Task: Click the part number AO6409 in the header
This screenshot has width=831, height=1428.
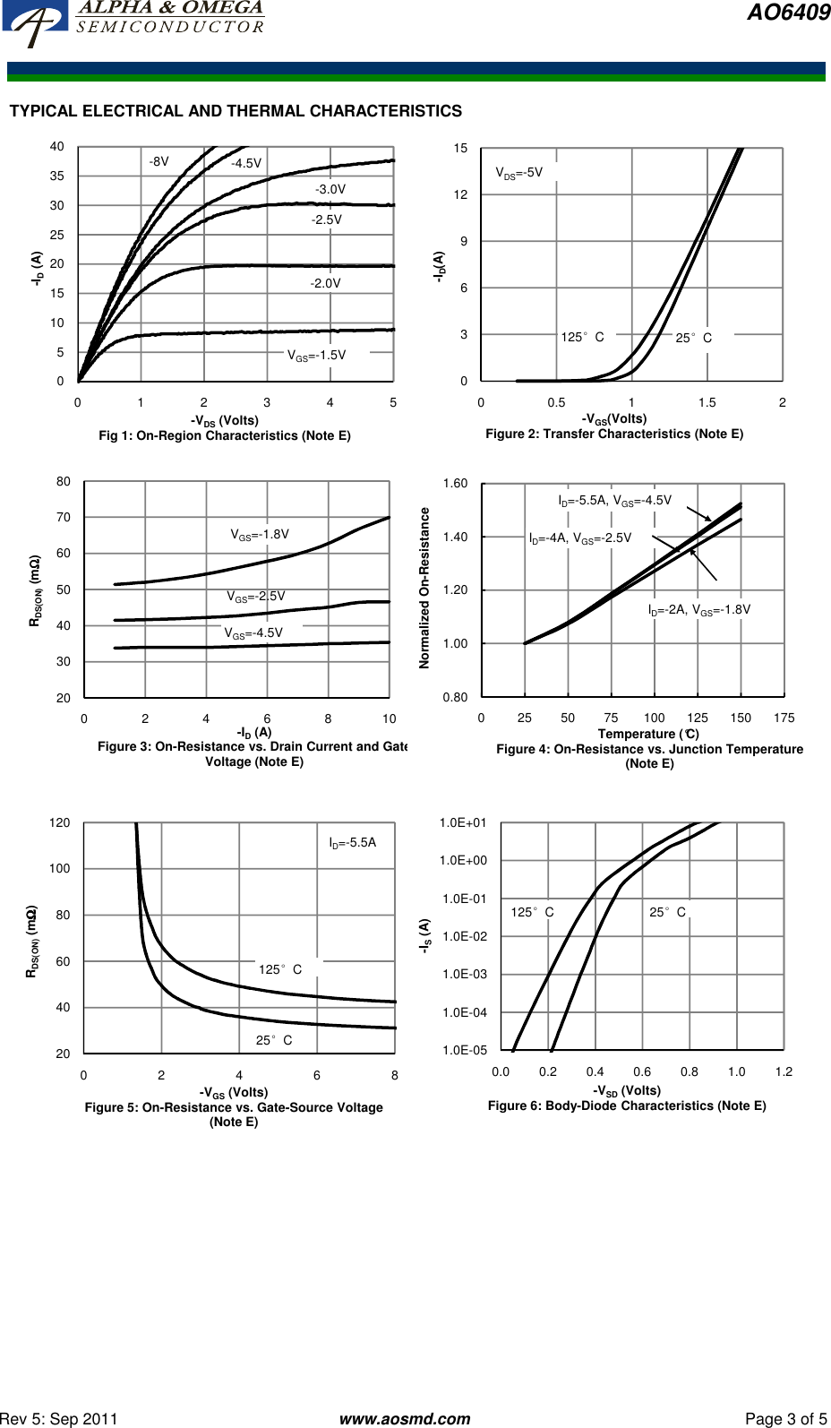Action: [x=788, y=13]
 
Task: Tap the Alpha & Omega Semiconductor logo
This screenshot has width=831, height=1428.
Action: [x=134, y=20]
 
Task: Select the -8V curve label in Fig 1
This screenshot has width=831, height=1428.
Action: [x=158, y=162]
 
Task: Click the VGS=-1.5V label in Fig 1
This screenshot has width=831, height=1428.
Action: [x=316, y=356]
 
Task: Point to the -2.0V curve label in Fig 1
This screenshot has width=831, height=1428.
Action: [x=325, y=283]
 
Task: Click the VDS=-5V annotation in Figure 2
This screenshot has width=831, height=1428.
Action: [x=519, y=173]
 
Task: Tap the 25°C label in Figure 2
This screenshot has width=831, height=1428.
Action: [x=693, y=338]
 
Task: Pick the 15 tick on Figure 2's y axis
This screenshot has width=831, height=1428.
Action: [x=460, y=149]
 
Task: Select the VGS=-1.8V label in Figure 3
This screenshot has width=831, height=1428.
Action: [x=260, y=535]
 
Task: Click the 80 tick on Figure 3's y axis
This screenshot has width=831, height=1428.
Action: [x=64, y=482]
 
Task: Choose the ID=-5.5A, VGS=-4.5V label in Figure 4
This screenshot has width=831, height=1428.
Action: [x=614, y=501]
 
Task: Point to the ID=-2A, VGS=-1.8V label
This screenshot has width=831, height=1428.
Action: [x=699, y=610]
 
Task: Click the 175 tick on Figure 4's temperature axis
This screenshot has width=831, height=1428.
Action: [x=784, y=718]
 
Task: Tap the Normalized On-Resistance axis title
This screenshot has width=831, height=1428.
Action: [x=424, y=588]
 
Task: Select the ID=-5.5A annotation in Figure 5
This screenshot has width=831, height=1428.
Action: [x=352, y=843]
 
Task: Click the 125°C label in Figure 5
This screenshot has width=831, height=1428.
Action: [x=279, y=969]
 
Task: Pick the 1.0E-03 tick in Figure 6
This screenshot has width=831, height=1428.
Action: [x=465, y=975]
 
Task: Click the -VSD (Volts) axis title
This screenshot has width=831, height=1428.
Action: [x=627, y=1090]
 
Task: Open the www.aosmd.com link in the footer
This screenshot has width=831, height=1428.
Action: [x=405, y=1419]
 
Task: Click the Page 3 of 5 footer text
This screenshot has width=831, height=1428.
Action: [x=785, y=1419]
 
